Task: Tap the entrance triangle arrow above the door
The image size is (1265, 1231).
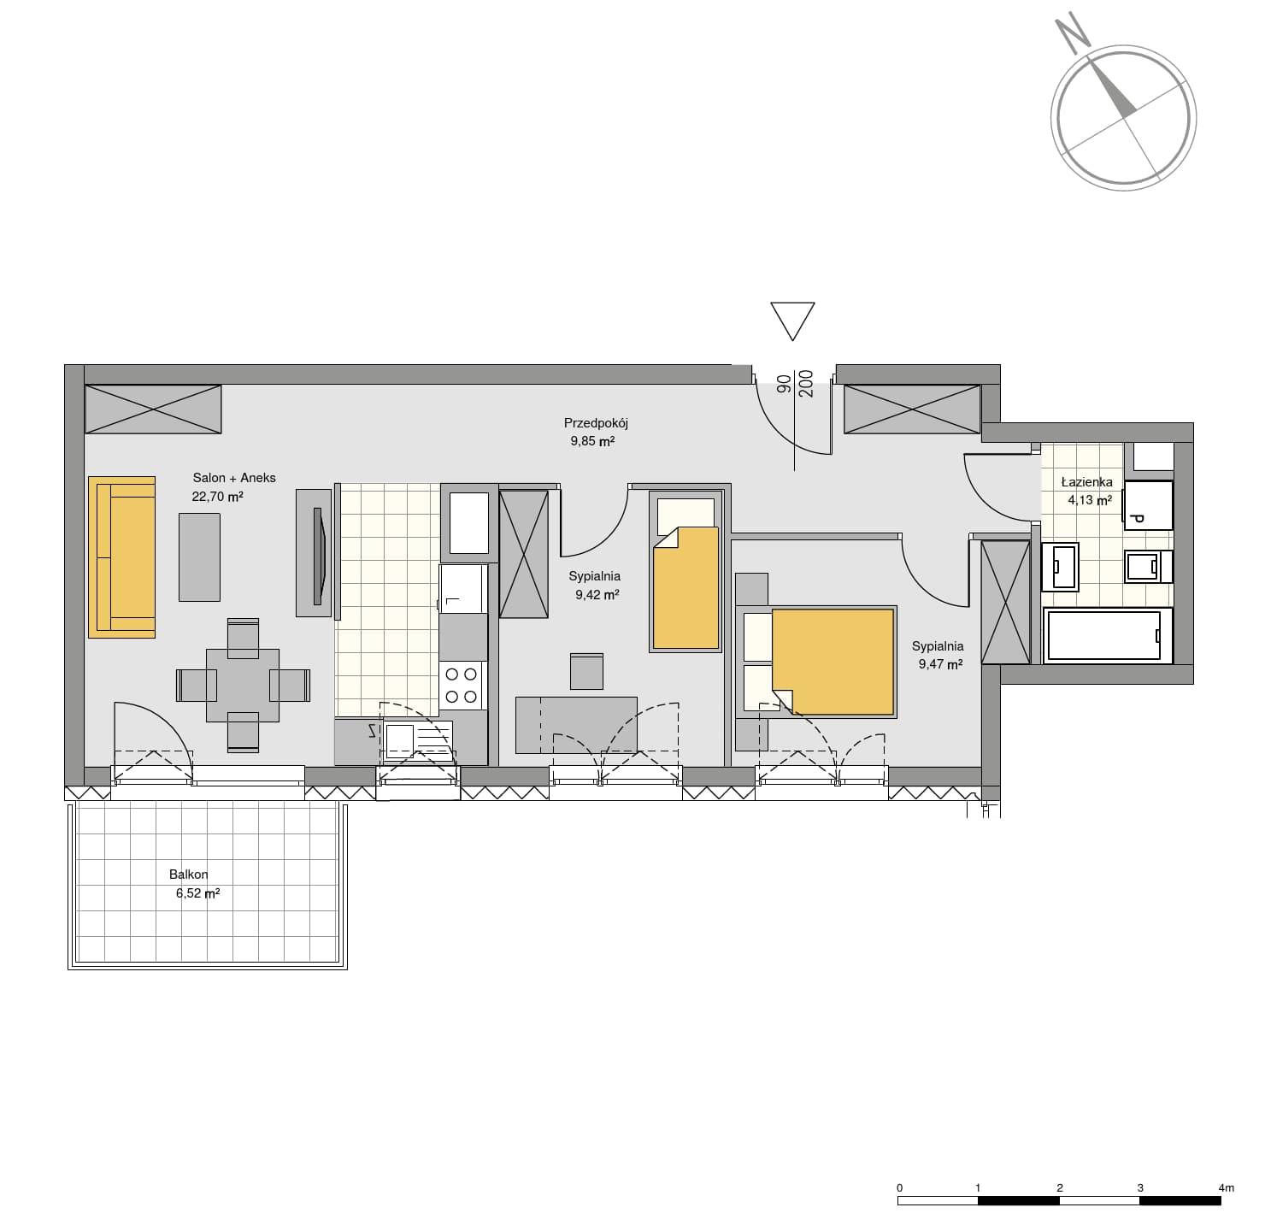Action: pyautogui.click(x=792, y=321)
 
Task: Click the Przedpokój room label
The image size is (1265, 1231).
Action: pyautogui.click(x=596, y=423)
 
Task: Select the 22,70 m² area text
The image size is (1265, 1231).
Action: pyautogui.click(x=217, y=497)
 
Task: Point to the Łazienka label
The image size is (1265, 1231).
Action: pyautogui.click(x=1086, y=482)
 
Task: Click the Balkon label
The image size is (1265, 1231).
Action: pyautogui.click(x=189, y=875)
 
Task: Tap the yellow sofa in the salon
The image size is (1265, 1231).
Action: pyautogui.click(x=122, y=557)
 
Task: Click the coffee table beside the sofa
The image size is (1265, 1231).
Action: pyautogui.click(x=199, y=557)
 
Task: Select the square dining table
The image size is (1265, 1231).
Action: pyautogui.click(x=243, y=686)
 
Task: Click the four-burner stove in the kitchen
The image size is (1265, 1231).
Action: pyautogui.click(x=462, y=686)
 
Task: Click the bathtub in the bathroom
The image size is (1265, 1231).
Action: pyautogui.click(x=1107, y=636)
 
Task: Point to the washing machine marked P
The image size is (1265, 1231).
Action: pyautogui.click(x=1148, y=505)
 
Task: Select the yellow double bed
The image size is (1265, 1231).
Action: pyautogui.click(x=816, y=662)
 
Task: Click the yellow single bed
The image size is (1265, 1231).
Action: pyautogui.click(x=685, y=572)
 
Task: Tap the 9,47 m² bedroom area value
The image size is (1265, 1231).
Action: pyautogui.click(x=940, y=664)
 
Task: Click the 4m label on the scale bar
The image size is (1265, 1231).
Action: pyautogui.click(x=1226, y=1188)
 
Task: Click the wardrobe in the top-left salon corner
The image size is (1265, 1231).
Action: pyautogui.click(x=153, y=409)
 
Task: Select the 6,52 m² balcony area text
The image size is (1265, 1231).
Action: pyautogui.click(x=197, y=893)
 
